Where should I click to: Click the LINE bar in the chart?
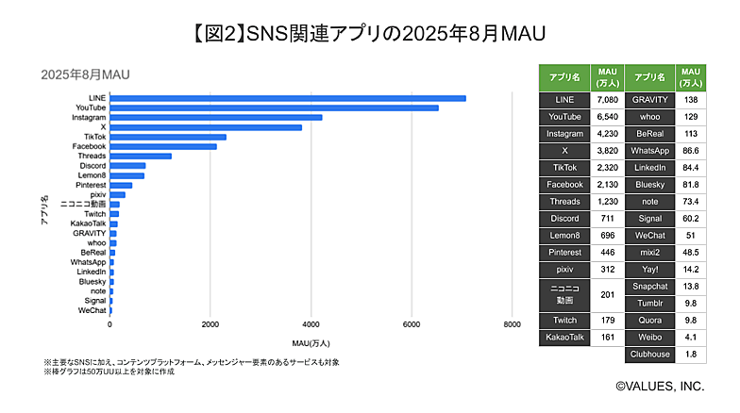tap(288, 98)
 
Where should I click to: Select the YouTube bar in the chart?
tap(274, 107)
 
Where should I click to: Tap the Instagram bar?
tap(216, 118)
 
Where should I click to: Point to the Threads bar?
tap(141, 157)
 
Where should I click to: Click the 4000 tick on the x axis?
tap(311, 325)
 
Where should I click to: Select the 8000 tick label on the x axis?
tap(511, 325)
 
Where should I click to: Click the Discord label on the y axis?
tap(92, 166)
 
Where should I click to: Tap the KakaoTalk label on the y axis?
tap(89, 223)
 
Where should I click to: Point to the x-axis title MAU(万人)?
tap(311, 341)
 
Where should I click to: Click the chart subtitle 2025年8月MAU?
tap(84, 74)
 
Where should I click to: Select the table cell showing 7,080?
tap(605, 99)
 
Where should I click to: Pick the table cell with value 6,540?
tap(605, 117)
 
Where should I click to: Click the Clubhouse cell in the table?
tap(650, 355)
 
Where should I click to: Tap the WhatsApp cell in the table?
tap(650, 151)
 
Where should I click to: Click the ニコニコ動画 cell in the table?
tap(564, 294)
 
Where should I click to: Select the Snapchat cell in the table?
tap(650, 287)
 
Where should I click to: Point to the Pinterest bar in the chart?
tap(121, 185)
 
